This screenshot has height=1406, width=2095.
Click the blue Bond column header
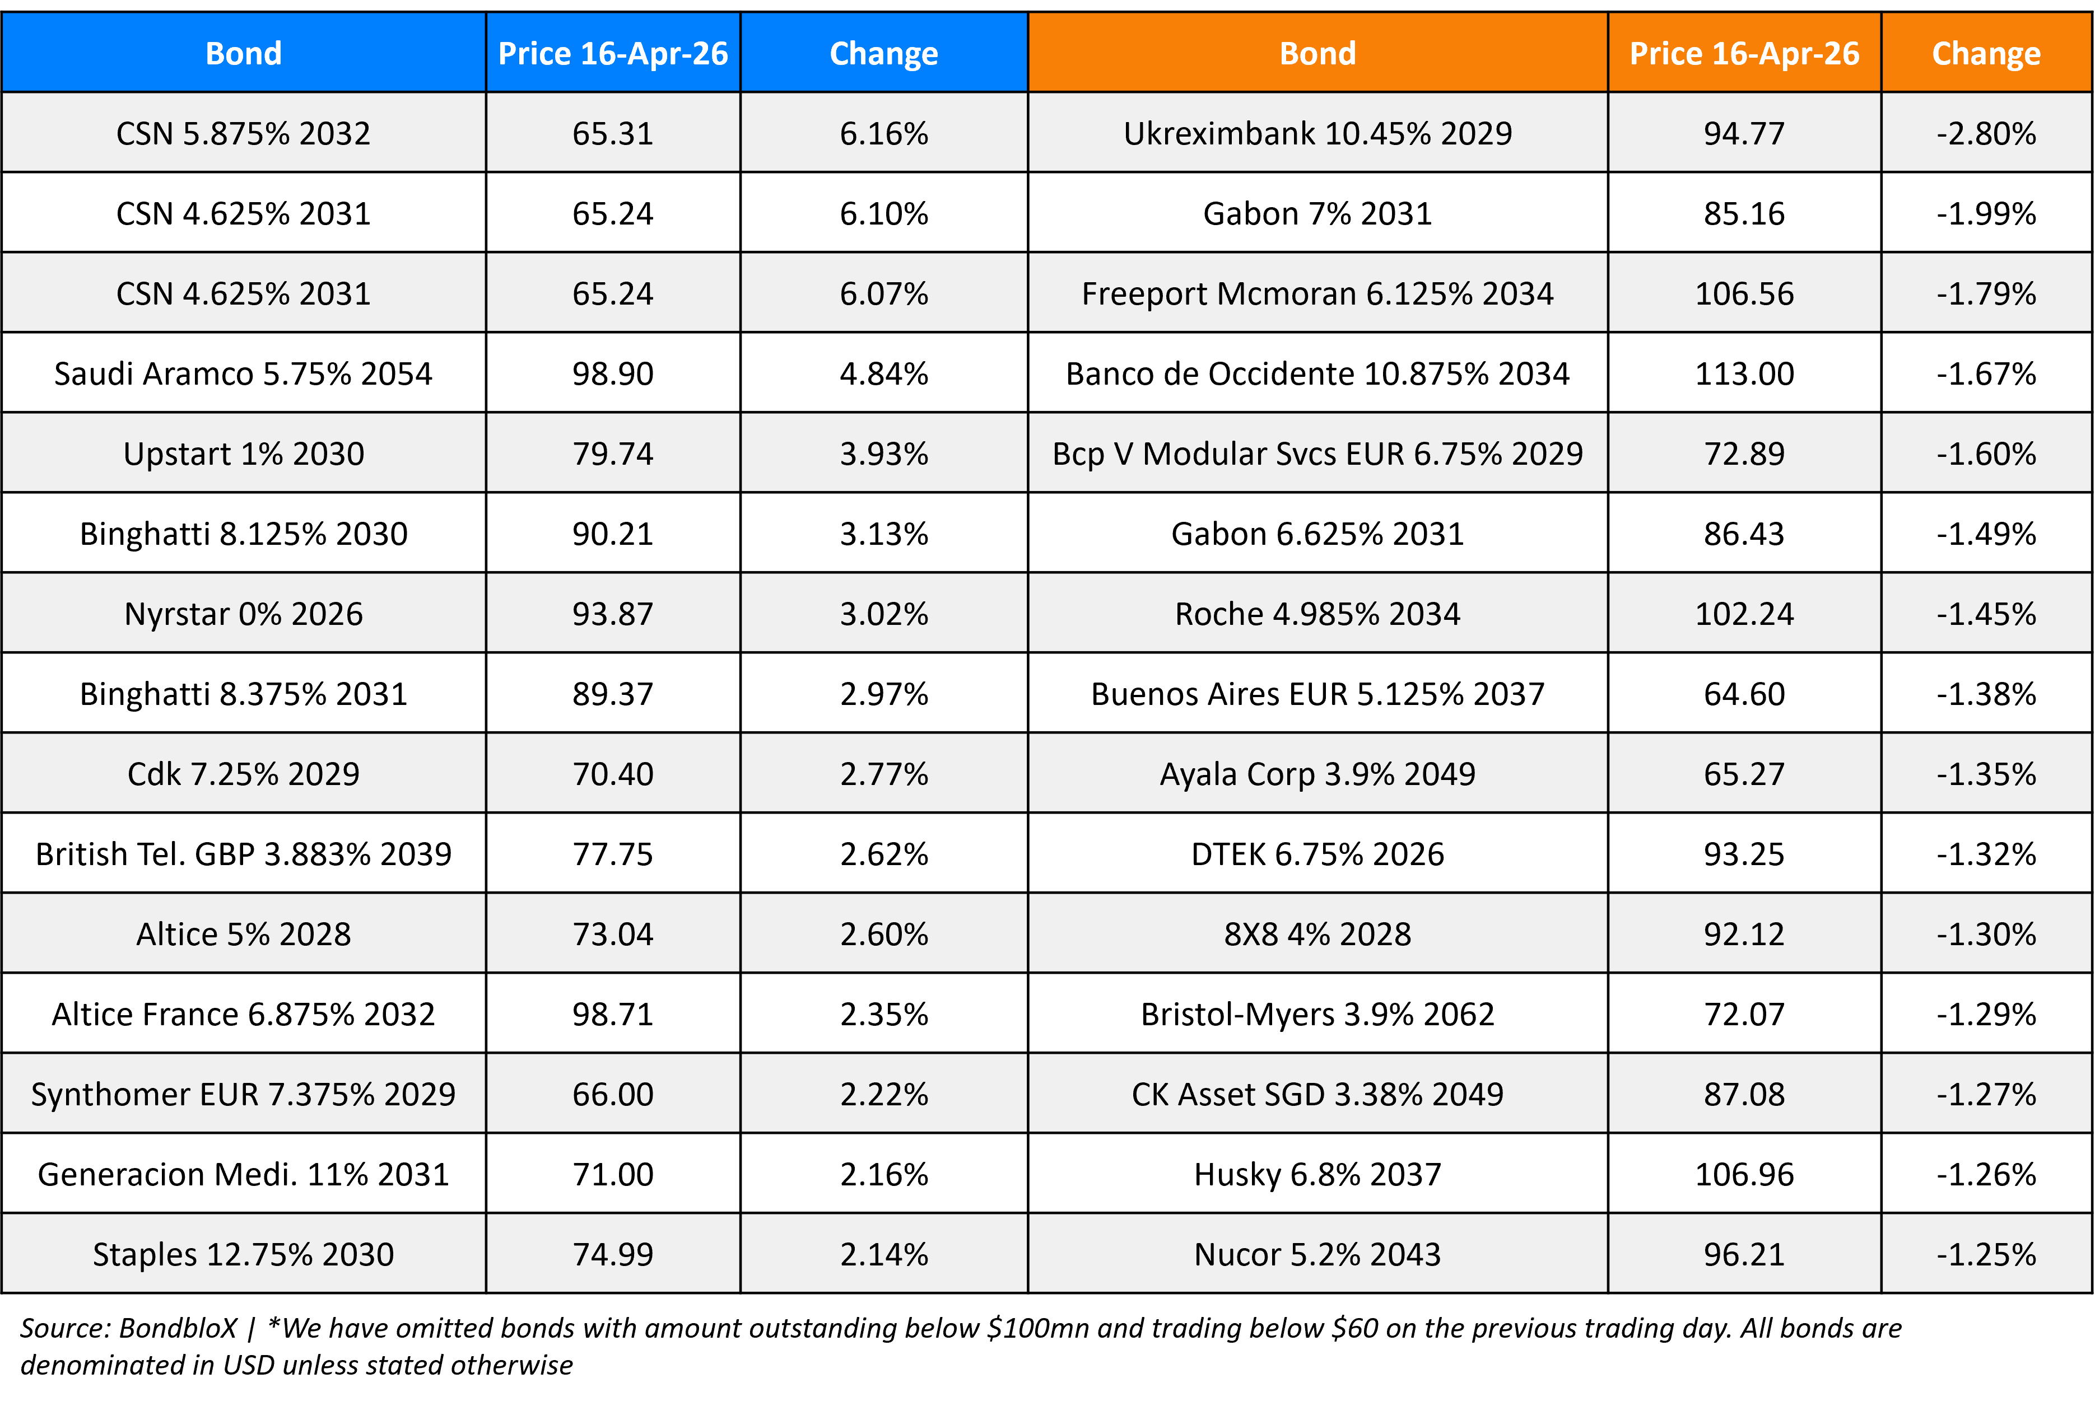pos(243,53)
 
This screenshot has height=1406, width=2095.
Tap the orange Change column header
pos(1986,53)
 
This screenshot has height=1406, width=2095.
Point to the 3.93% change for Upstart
pos(883,454)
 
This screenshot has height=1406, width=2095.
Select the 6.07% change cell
pos(883,294)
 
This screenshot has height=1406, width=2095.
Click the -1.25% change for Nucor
pos(1986,1254)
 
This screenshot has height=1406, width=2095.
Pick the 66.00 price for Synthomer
pos(613,1095)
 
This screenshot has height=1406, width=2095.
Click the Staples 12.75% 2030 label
pos(243,1254)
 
